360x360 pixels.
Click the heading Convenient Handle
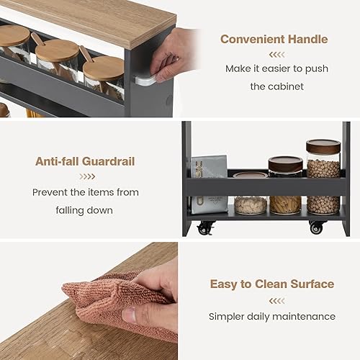click(274, 39)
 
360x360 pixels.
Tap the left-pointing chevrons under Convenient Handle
click(276, 54)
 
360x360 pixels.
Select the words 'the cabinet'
click(276, 86)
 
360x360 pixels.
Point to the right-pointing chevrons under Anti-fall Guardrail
click(87, 176)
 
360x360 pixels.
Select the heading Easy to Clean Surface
click(272, 284)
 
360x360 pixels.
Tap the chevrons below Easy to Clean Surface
click(272, 300)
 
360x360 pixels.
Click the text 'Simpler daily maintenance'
click(272, 316)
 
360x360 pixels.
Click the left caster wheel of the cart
click(205, 228)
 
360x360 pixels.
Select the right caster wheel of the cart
click(317, 227)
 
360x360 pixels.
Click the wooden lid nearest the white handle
click(104, 68)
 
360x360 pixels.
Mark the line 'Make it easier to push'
click(276, 70)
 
